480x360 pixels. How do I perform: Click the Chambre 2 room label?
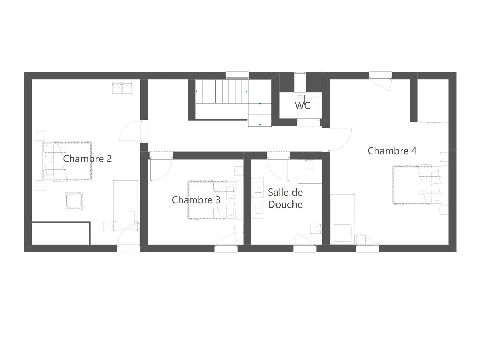pos(87,159)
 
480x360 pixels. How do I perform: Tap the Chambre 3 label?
pos(196,200)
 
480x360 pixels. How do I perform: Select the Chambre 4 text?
pos(392,151)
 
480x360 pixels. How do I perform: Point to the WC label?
pos(302,106)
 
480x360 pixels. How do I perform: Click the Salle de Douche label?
pos(285,198)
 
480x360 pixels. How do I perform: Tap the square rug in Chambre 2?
pos(74,201)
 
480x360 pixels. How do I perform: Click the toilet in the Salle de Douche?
pos(316,229)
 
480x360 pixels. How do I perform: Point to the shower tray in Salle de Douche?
pos(310,172)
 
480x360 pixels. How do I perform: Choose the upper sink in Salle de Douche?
pos(258,187)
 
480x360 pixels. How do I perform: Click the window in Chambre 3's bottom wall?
pos(226,248)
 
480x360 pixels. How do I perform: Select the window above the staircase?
pos(237,75)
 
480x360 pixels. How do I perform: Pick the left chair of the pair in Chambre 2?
pos(117,88)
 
